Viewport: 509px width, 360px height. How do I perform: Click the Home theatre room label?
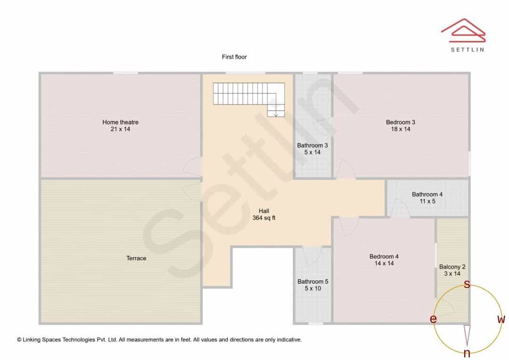point(121,122)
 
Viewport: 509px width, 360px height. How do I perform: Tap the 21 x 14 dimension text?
point(121,129)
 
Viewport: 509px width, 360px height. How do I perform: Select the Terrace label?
point(136,258)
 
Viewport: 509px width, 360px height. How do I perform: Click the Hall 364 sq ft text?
point(264,214)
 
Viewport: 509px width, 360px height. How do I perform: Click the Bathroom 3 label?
point(312,146)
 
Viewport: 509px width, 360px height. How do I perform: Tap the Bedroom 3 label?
point(401,122)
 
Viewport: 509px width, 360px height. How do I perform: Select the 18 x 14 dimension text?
point(401,129)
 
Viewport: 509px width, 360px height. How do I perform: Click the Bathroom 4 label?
point(427,194)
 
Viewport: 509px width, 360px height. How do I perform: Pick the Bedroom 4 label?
point(384,256)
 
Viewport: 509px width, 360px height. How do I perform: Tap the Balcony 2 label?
point(452,267)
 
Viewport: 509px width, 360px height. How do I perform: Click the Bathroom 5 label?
point(313,281)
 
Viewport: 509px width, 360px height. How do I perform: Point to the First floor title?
point(234,57)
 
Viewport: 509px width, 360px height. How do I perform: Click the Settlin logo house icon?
point(463,31)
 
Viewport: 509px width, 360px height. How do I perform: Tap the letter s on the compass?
point(467,284)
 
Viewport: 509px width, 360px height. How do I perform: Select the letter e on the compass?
point(433,319)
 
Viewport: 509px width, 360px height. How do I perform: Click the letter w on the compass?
point(501,319)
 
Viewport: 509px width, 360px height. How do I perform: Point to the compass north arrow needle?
point(467,335)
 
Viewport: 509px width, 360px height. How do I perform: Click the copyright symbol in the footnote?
point(19,340)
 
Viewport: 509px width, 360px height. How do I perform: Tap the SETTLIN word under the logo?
point(468,49)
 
